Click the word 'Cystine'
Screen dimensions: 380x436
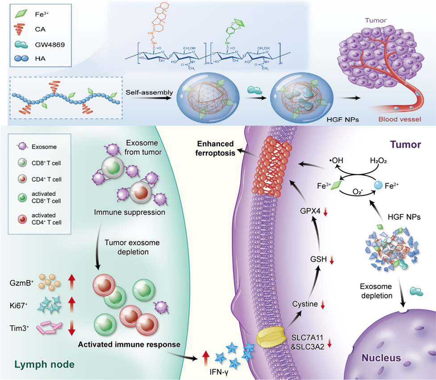point(305,305)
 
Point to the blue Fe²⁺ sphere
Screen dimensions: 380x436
point(378,185)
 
